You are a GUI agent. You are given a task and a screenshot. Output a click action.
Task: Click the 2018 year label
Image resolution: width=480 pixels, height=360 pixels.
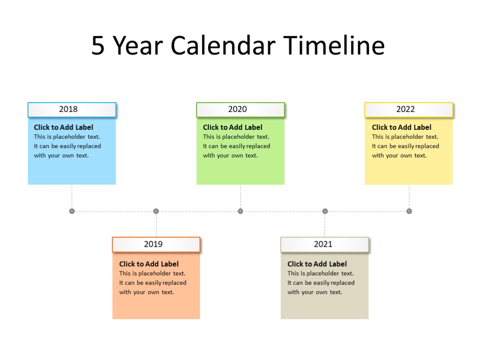69,109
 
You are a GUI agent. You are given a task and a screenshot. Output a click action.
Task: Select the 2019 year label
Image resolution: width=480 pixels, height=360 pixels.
153,244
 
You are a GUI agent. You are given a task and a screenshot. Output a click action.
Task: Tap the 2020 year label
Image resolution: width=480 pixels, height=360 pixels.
237,109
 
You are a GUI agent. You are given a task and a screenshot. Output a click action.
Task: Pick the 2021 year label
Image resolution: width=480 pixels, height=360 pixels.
323,244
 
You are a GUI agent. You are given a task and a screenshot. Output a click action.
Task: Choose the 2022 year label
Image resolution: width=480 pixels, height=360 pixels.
406,109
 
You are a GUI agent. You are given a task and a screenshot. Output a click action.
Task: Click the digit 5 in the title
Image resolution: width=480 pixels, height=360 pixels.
98,46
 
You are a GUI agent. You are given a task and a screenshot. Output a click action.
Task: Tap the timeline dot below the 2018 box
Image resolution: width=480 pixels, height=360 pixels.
72,211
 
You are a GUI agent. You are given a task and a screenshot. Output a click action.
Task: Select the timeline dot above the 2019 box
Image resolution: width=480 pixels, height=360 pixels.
156,211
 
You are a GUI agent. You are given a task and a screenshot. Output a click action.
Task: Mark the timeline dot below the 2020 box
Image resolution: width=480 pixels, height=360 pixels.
240,211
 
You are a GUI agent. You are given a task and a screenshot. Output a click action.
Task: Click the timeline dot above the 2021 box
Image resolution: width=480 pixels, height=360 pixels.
325,211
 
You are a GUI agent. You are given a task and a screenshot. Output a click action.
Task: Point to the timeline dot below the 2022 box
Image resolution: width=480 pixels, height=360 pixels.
409,211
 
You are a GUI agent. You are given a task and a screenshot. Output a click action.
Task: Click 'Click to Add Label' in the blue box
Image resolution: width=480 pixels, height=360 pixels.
63,127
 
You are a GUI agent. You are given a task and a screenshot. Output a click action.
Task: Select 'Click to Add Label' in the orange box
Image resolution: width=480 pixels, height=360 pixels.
149,264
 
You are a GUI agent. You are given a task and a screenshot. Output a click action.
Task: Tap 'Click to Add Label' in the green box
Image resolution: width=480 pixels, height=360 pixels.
233,127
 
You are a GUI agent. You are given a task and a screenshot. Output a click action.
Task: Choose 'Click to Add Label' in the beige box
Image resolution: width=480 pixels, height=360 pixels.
317,264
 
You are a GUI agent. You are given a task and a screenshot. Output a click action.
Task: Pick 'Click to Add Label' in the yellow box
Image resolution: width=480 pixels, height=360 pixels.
402,127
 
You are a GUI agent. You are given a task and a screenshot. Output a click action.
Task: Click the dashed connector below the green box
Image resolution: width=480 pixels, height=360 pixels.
240,197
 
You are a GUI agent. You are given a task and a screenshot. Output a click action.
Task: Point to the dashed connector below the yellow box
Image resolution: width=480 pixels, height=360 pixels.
409,197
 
